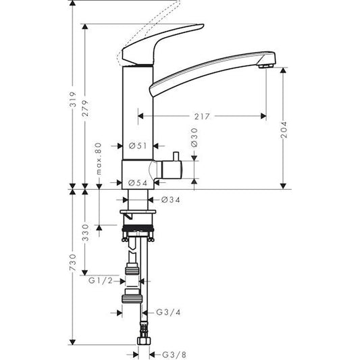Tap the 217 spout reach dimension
(201, 116)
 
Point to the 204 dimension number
(284, 129)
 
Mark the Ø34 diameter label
(170, 199)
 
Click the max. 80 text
(99, 159)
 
